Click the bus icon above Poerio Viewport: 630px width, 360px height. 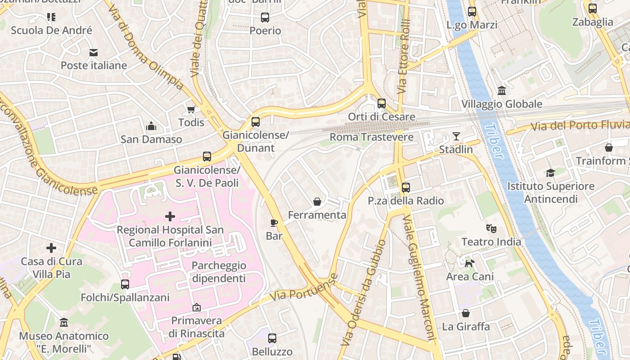pyautogui.click(x=265, y=18)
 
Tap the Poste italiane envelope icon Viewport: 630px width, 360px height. pyautogui.click(x=94, y=53)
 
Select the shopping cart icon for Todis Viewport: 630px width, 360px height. pyautogui.click(x=191, y=110)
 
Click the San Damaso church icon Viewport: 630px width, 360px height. pyautogui.click(x=151, y=126)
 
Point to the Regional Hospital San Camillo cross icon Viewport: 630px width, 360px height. pyautogui.click(x=170, y=217)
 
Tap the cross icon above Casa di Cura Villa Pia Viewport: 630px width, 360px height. pyautogui.click(x=51, y=248)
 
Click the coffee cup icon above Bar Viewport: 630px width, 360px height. pyautogui.click(x=274, y=223)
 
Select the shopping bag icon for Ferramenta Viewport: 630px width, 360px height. pyautogui.click(x=317, y=202)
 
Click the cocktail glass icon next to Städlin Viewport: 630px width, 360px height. pyautogui.click(x=456, y=136)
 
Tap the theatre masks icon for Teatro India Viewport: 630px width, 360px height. pyautogui.click(x=491, y=229)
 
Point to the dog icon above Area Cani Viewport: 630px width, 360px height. pyautogui.click(x=469, y=263)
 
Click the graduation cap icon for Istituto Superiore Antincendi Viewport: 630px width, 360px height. pyautogui.click(x=550, y=173)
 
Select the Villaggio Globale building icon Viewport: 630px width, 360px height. pyautogui.click(x=502, y=91)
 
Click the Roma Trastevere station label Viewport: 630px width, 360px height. pyautogui.click(x=372, y=137)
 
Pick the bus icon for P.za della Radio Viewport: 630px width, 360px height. pyautogui.click(x=406, y=188)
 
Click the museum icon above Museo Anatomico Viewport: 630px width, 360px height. pyautogui.click(x=64, y=323)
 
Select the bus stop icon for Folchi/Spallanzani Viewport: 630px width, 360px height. pyautogui.click(x=125, y=284)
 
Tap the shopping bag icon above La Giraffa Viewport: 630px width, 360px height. pyautogui.click(x=466, y=313)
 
